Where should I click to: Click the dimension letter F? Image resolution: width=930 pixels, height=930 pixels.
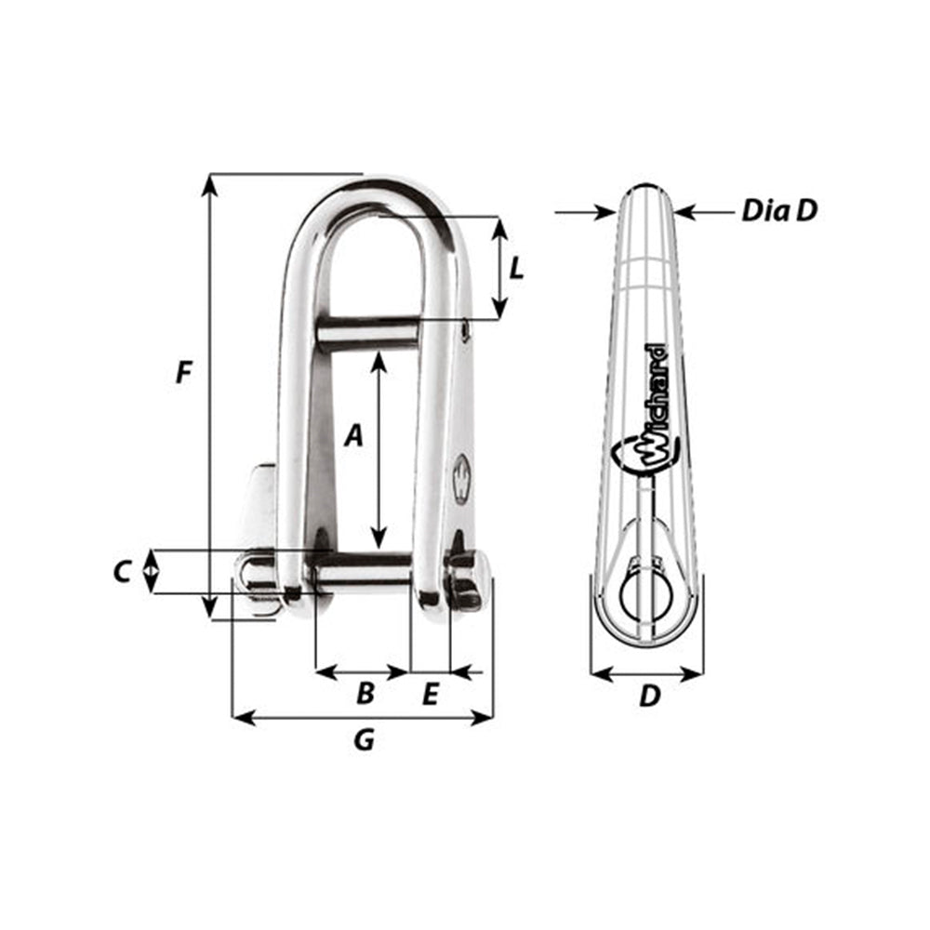tap(184, 373)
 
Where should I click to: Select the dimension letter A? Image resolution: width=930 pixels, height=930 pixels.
tap(352, 434)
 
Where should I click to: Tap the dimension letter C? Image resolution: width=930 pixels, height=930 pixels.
tap(122, 572)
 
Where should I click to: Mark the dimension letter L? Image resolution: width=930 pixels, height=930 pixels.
tap(518, 269)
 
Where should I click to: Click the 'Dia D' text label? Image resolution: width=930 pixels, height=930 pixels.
tap(778, 211)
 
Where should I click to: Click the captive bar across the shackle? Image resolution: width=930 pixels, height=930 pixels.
tap(370, 330)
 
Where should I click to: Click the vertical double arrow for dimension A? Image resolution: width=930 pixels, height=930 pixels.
tap(379, 450)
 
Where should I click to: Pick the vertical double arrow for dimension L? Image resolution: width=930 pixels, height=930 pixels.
tap(499, 268)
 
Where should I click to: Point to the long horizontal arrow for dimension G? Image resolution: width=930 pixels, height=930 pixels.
tap(362, 717)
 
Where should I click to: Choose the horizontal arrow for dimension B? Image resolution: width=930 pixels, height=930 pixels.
tap(363, 670)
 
